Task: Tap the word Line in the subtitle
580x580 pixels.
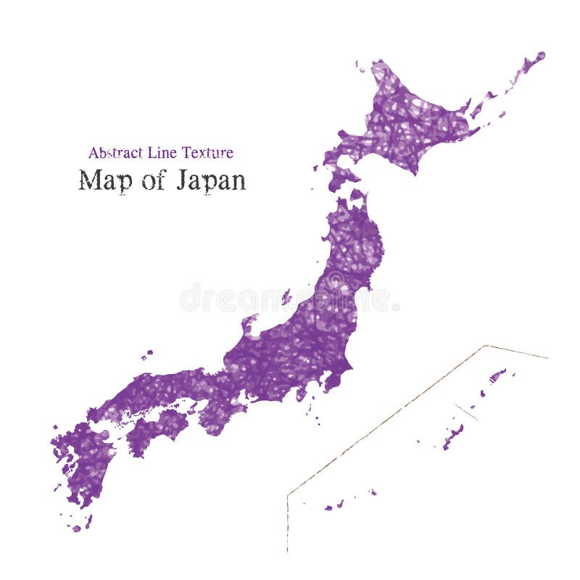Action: click(x=162, y=153)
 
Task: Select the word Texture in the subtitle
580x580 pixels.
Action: click(x=207, y=153)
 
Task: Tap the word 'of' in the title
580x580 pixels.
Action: click(x=154, y=181)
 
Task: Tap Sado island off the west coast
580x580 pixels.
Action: click(x=286, y=297)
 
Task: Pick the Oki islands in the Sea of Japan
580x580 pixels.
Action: click(x=147, y=355)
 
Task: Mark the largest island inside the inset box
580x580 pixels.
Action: click(x=453, y=436)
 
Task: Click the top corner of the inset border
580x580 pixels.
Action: click(x=485, y=346)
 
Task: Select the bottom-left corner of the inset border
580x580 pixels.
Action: click(x=287, y=496)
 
